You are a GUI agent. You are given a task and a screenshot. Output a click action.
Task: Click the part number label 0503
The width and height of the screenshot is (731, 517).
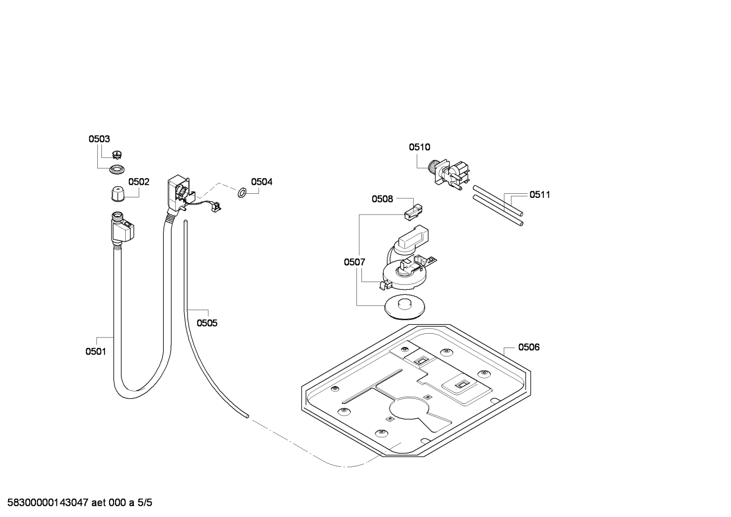(x=99, y=139)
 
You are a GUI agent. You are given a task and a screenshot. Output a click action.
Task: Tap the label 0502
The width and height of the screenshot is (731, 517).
(x=139, y=182)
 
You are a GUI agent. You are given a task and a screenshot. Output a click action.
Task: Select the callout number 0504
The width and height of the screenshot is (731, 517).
(x=262, y=182)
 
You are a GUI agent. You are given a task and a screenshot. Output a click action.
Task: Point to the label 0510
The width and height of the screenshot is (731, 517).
(x=420, y=147)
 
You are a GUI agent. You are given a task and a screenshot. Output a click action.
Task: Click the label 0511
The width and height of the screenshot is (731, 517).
(x=540, y=195)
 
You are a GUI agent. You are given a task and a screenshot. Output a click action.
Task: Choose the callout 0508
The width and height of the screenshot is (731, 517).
(x=382, y=199)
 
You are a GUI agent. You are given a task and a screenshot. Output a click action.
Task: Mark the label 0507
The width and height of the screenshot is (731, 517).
(x=354, y=262)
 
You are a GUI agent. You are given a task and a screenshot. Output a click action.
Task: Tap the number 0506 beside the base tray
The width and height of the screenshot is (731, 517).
(x=529, y=347)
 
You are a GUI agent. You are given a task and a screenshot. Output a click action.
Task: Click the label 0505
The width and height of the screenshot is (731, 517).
(x=207, y=323)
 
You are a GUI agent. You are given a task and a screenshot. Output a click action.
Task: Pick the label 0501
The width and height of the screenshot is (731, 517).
(x=96, y=352)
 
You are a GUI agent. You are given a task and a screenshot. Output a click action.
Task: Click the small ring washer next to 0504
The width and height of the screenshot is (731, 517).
(x=242, y=193)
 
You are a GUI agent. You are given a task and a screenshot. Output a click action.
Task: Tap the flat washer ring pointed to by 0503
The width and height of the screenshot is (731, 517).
(x=117, y=169)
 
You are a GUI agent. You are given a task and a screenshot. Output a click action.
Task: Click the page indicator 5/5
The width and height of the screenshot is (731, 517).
(x=144, y=503)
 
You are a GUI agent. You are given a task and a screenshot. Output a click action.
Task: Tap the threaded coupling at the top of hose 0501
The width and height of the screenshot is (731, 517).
(x=117, y=216)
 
